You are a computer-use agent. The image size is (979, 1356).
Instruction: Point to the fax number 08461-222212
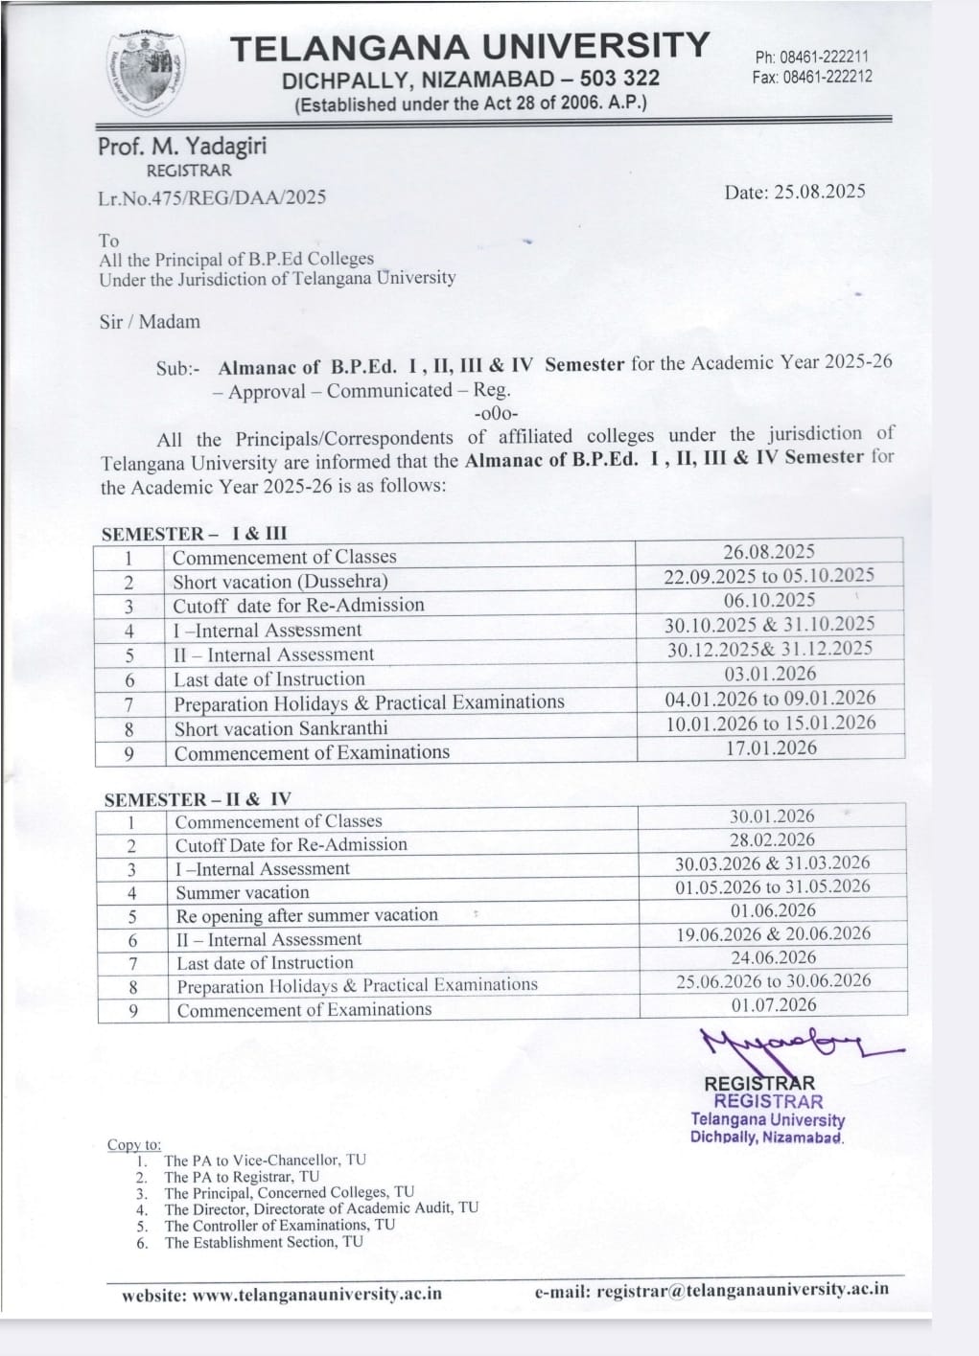(827, 76)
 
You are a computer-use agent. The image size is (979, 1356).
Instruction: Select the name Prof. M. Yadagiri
(182, 147)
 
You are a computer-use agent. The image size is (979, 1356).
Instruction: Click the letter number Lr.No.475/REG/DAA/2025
(212, 197)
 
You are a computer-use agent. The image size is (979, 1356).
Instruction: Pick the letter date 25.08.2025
(795, 191)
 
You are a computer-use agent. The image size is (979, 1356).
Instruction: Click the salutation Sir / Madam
(150, 322)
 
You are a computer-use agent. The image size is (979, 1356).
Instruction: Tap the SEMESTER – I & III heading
(195, 534)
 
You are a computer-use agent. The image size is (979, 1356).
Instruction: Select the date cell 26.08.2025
(769, 551)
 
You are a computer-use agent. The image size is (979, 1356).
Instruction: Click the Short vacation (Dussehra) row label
(280, 582)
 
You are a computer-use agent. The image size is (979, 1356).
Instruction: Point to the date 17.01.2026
(771, 747)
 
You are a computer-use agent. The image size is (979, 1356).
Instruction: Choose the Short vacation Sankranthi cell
(281, 728)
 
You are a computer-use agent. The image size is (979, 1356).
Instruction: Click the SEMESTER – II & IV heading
(198, 799)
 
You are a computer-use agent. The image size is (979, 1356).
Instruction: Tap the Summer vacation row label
(243, 892)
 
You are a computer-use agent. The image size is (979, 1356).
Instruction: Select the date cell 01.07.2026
(773, 1004)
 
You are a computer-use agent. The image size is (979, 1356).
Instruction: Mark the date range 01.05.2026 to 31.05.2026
(772, 886)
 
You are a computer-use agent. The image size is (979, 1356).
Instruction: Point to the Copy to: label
(134, 1144)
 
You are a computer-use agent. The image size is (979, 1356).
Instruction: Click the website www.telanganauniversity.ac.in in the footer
(282, 1293)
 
